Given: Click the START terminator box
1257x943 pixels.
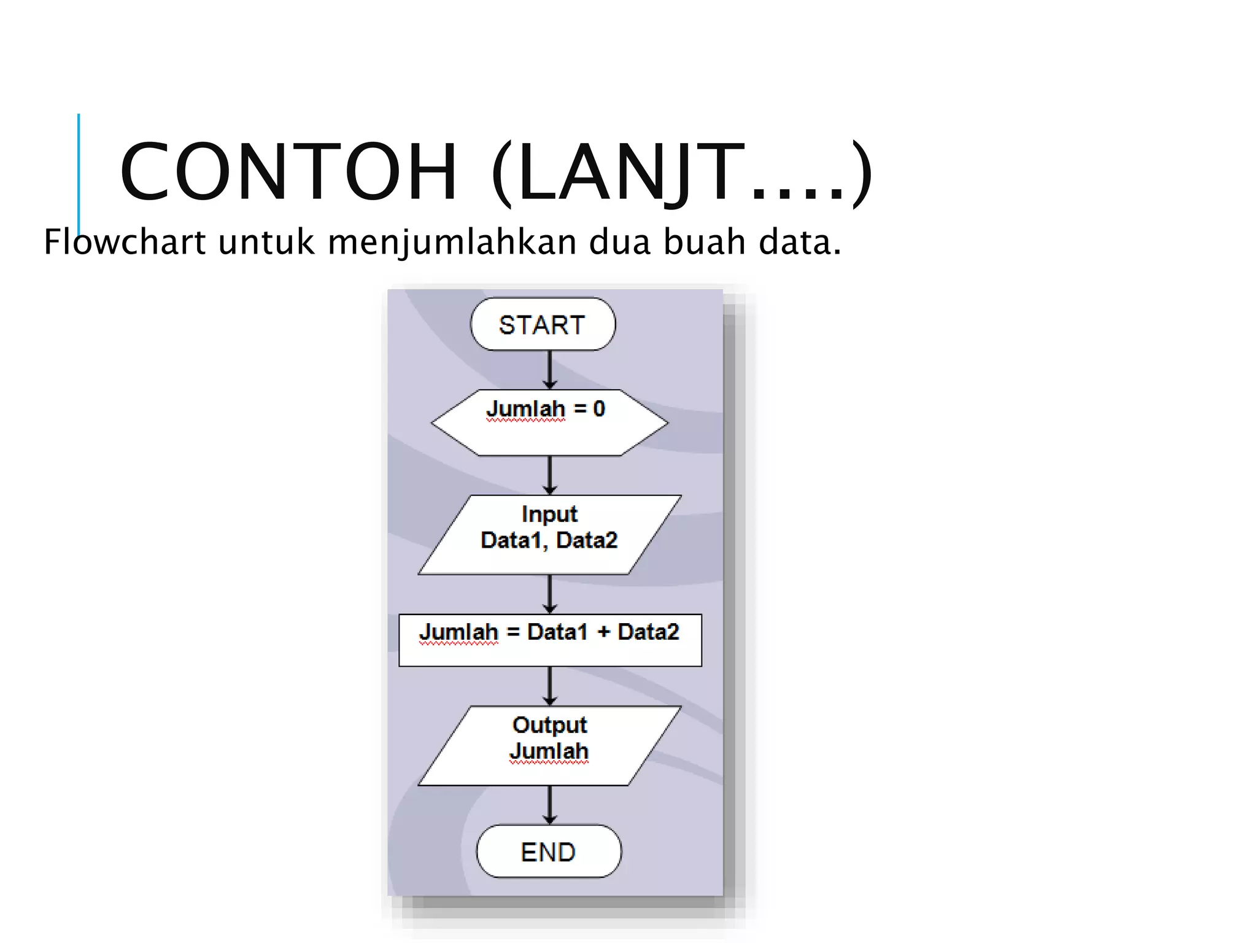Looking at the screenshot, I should tap(543, 325).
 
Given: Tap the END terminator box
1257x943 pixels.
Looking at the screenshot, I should tap(549, 852).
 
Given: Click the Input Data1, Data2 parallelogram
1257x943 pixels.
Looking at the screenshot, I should tap(549, 535).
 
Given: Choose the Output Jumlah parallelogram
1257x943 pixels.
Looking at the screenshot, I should tap(549, 745).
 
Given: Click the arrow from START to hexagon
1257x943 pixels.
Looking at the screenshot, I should tap(550, 370).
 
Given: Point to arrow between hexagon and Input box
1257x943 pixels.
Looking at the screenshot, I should tap(550, 475).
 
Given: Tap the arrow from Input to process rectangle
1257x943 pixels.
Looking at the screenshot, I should tap(550, 594).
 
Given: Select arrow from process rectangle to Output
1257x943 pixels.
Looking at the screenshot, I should tap(550, 686).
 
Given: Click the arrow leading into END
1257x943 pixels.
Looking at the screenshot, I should tap(550, 804).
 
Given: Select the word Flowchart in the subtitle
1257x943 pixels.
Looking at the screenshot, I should tap(125, 242).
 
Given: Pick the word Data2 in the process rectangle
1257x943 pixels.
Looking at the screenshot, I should tap(648, 632).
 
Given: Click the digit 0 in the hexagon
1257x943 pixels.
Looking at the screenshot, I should tap(599, 409).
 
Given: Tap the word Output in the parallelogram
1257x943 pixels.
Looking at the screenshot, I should tap(549, 725).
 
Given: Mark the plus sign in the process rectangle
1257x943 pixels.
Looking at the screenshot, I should tap(603, 632).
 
